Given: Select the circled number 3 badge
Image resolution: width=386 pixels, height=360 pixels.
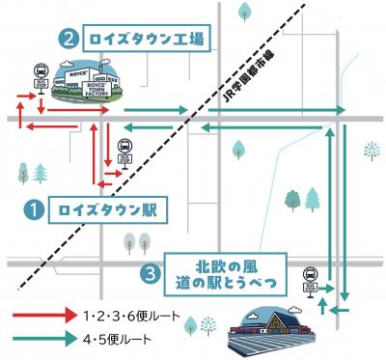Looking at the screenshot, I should [x=149, y=273].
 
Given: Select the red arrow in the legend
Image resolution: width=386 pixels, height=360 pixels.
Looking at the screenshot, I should [x=54, y=316].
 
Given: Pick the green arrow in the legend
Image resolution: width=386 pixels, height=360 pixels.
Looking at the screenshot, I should [x=54, y=339].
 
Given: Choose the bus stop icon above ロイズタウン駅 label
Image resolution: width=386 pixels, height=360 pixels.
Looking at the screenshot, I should [x=125, y=152].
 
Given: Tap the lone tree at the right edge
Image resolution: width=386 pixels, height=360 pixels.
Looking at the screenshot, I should [x=371, y=149].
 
